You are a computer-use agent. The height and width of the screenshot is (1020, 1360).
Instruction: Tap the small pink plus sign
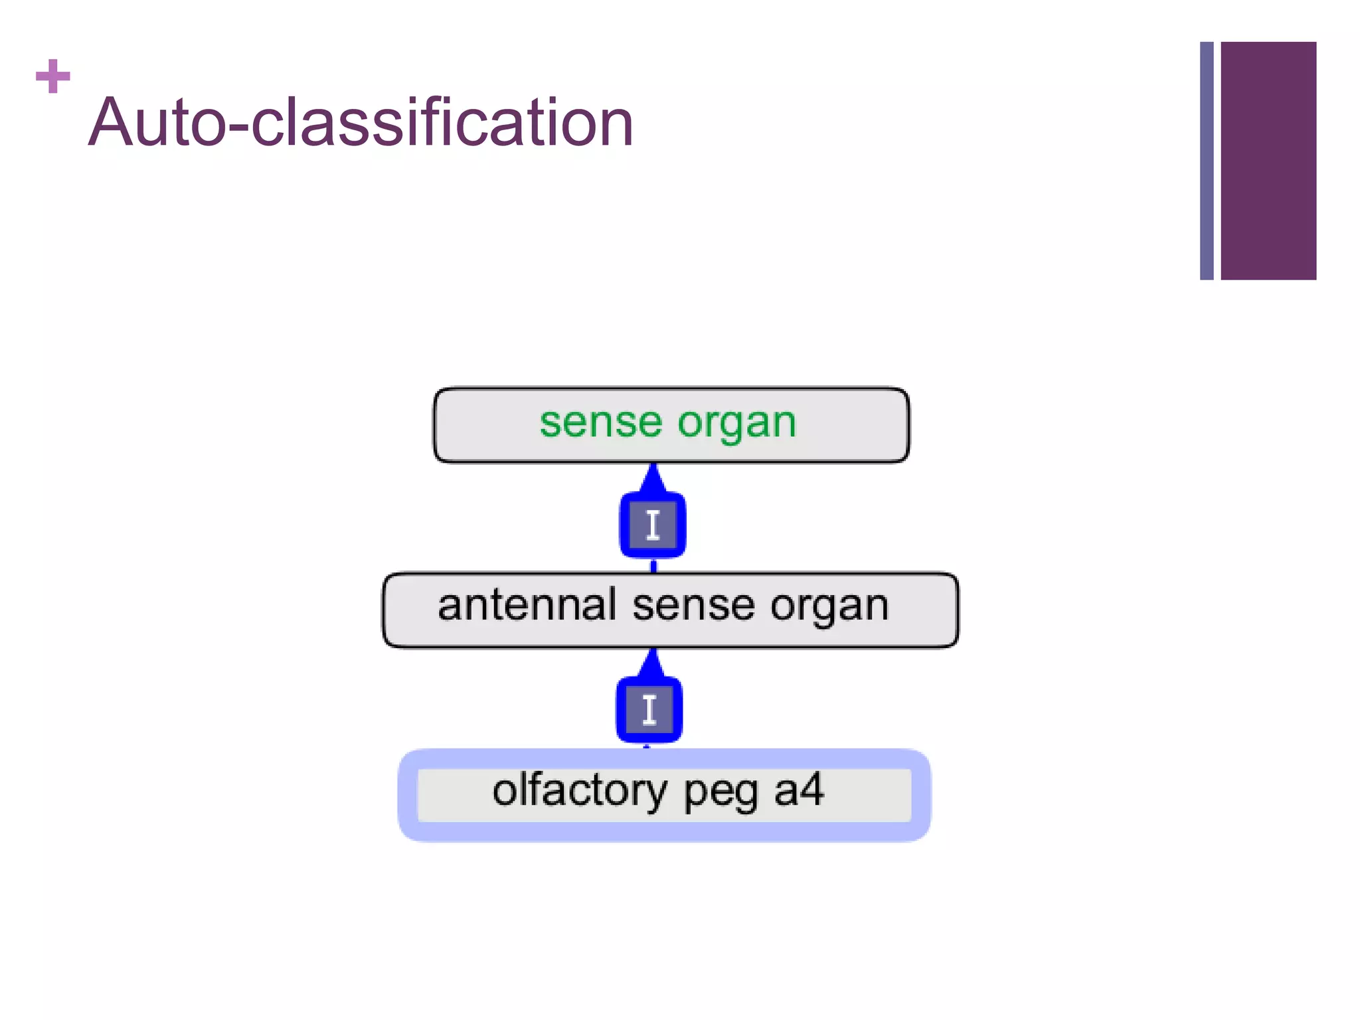click(x=53, y=76)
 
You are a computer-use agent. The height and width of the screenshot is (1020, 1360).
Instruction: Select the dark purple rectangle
click(x=1268, y=160)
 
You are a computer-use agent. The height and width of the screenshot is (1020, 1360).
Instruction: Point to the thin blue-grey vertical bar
click(x=1207, y=160)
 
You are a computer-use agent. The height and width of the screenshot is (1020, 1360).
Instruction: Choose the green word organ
click(x=736, y=424)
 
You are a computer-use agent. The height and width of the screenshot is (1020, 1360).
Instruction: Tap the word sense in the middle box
click(x=693, y=606)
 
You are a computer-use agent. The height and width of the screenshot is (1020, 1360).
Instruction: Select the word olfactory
click(x=579, y=792)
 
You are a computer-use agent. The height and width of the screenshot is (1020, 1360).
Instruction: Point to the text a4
click(x=799, y=790)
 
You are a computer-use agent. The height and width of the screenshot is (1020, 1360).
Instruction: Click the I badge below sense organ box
click(x=653, y=525)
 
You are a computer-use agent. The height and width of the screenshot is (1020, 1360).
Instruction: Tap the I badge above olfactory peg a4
click(x=649, y=709)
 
